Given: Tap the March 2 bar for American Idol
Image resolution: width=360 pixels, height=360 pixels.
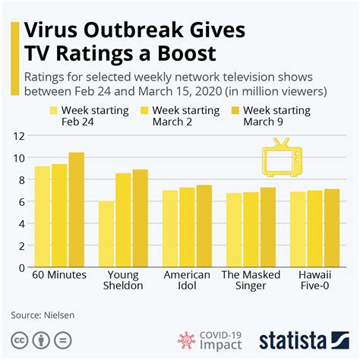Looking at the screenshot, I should tap(188, 227).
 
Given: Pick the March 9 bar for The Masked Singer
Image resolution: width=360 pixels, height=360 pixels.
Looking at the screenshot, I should tap(268, 227).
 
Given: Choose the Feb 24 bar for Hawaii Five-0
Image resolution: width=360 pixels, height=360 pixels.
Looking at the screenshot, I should tap(298, 229).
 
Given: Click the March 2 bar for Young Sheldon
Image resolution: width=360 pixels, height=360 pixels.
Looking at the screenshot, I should tap(123, 220).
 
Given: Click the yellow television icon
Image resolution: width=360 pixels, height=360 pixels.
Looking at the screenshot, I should tap(281, 158).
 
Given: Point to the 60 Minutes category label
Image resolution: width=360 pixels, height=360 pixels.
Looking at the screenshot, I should tap(60, 275).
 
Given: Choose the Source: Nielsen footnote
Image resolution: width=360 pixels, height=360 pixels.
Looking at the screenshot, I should tap(43, 314).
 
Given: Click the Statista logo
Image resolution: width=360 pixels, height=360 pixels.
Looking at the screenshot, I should tap(308, 339).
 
